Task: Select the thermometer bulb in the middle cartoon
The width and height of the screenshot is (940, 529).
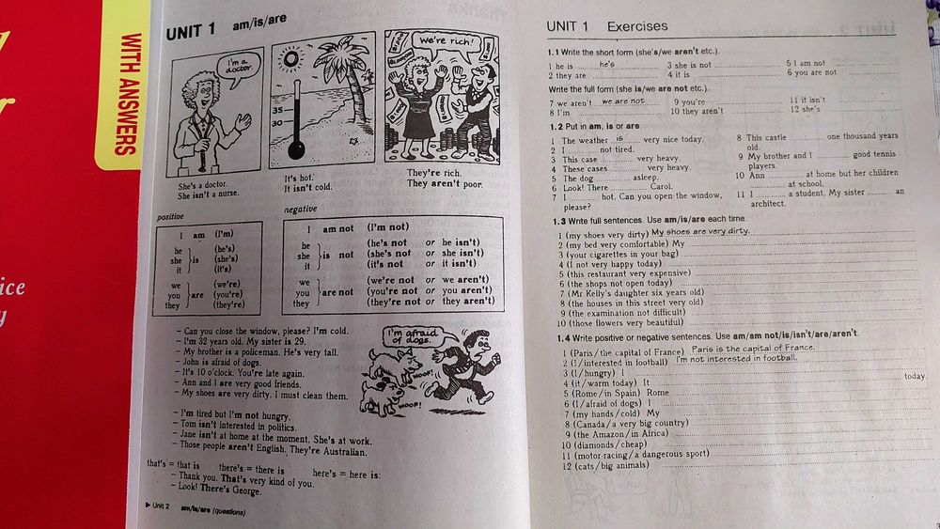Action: click(x=298, y=148)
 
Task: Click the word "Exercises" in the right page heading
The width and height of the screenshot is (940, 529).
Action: click(x=637, y=26)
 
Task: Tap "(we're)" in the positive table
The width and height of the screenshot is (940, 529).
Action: click(x=228, y=282)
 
